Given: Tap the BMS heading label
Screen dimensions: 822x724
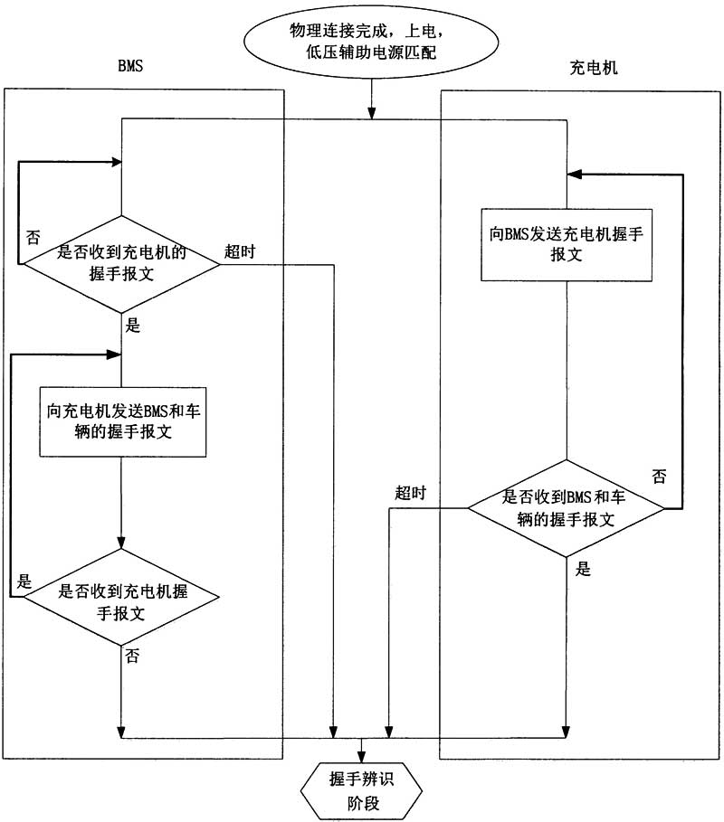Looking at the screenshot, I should pos(130,68).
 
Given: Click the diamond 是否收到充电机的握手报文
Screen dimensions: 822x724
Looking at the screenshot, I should pos(121,263).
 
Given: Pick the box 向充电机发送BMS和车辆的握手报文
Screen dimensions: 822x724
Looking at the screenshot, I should pos(121,420).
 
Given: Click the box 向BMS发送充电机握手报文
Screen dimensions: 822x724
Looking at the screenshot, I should pos(567,244).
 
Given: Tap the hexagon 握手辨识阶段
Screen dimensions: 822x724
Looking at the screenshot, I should pos(362,785).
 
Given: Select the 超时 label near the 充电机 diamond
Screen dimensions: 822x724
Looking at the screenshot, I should pos(410,493).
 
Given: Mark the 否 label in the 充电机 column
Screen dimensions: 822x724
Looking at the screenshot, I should pos(659,476).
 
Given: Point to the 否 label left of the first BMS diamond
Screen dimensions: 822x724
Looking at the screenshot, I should pos(33,237).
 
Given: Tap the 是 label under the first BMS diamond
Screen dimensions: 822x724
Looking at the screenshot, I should pos(134,326).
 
